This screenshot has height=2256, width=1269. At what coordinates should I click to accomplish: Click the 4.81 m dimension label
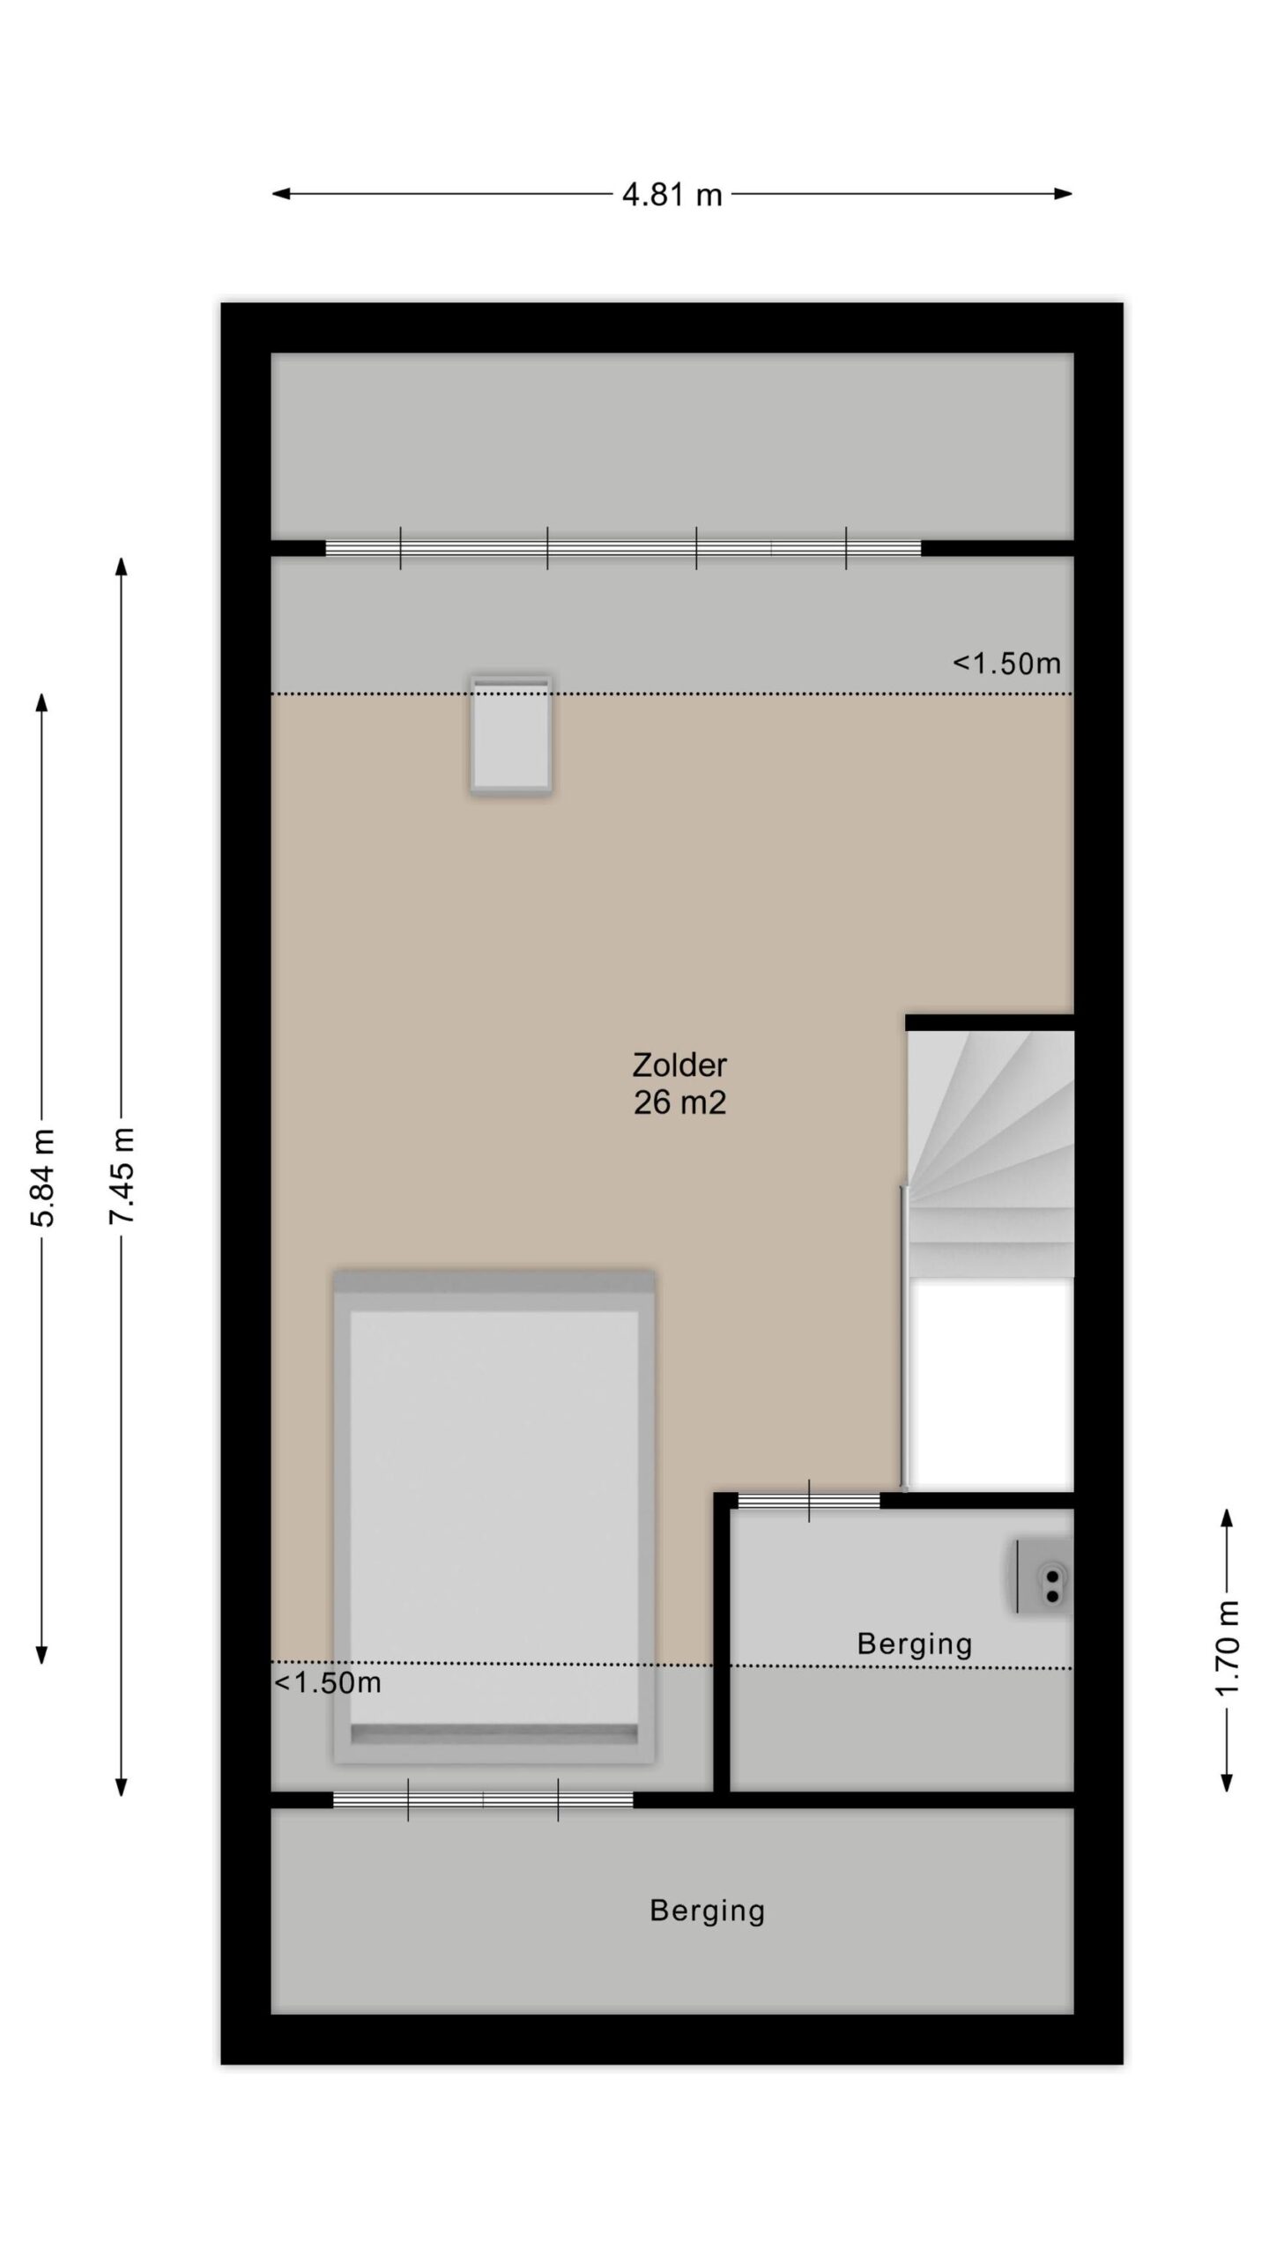[x=672, y=194]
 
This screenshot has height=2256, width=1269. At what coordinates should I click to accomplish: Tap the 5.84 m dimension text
[x=43, y=1176]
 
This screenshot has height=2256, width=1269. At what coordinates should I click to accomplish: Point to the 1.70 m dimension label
[x=1228, y=1647]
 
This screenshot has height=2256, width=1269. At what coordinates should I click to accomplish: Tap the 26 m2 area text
[x=679, y=1102]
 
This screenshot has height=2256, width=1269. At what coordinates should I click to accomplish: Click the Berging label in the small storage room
[x=915, y=1644]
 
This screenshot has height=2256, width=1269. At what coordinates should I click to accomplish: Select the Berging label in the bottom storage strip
[x=707, y=1911]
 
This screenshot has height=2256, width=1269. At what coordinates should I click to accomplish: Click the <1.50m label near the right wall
[x=1006, y=663]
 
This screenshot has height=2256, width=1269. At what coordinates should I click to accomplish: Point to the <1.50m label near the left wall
[x=328, y=1683]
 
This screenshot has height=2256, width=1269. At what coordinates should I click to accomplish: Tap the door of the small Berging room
[x=809, y=1501]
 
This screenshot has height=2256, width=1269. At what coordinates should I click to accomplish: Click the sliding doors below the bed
[x=483, y=1800]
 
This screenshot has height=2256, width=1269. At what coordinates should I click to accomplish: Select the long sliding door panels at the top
[x=623, y=548]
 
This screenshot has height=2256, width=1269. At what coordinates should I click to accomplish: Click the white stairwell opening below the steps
[x=991, y=1383]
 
